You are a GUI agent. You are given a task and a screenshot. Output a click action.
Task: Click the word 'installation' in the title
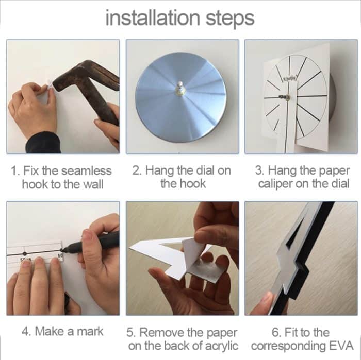click(153, 18)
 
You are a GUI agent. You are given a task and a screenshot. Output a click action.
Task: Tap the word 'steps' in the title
click(230, 19)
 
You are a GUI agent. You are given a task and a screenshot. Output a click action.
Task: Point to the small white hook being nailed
click(50, 85)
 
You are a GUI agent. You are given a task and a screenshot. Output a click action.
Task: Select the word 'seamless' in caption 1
click(86, 171)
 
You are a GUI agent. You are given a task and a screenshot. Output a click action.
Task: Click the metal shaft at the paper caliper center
click(285, 97)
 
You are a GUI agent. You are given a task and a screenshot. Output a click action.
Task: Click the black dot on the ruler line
click(24, 253)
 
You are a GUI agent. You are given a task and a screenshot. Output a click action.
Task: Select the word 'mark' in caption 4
click(90, 332)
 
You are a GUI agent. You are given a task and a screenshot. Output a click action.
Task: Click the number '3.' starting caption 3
click(260, 171)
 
